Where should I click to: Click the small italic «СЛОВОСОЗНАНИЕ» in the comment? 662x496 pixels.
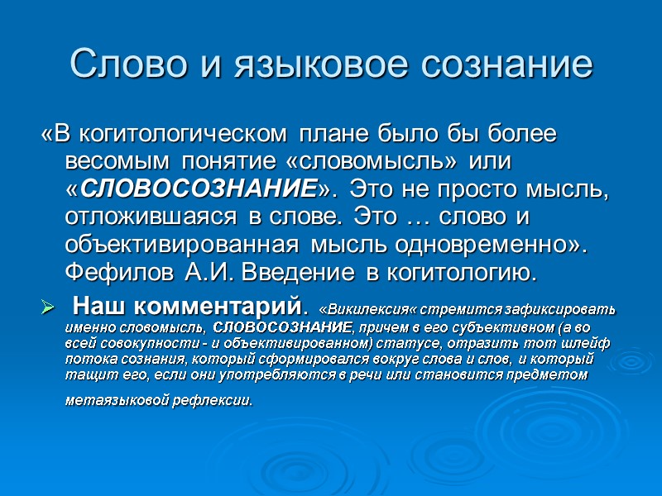coord(260,327)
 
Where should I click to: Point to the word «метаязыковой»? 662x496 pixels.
coord(113,402)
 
